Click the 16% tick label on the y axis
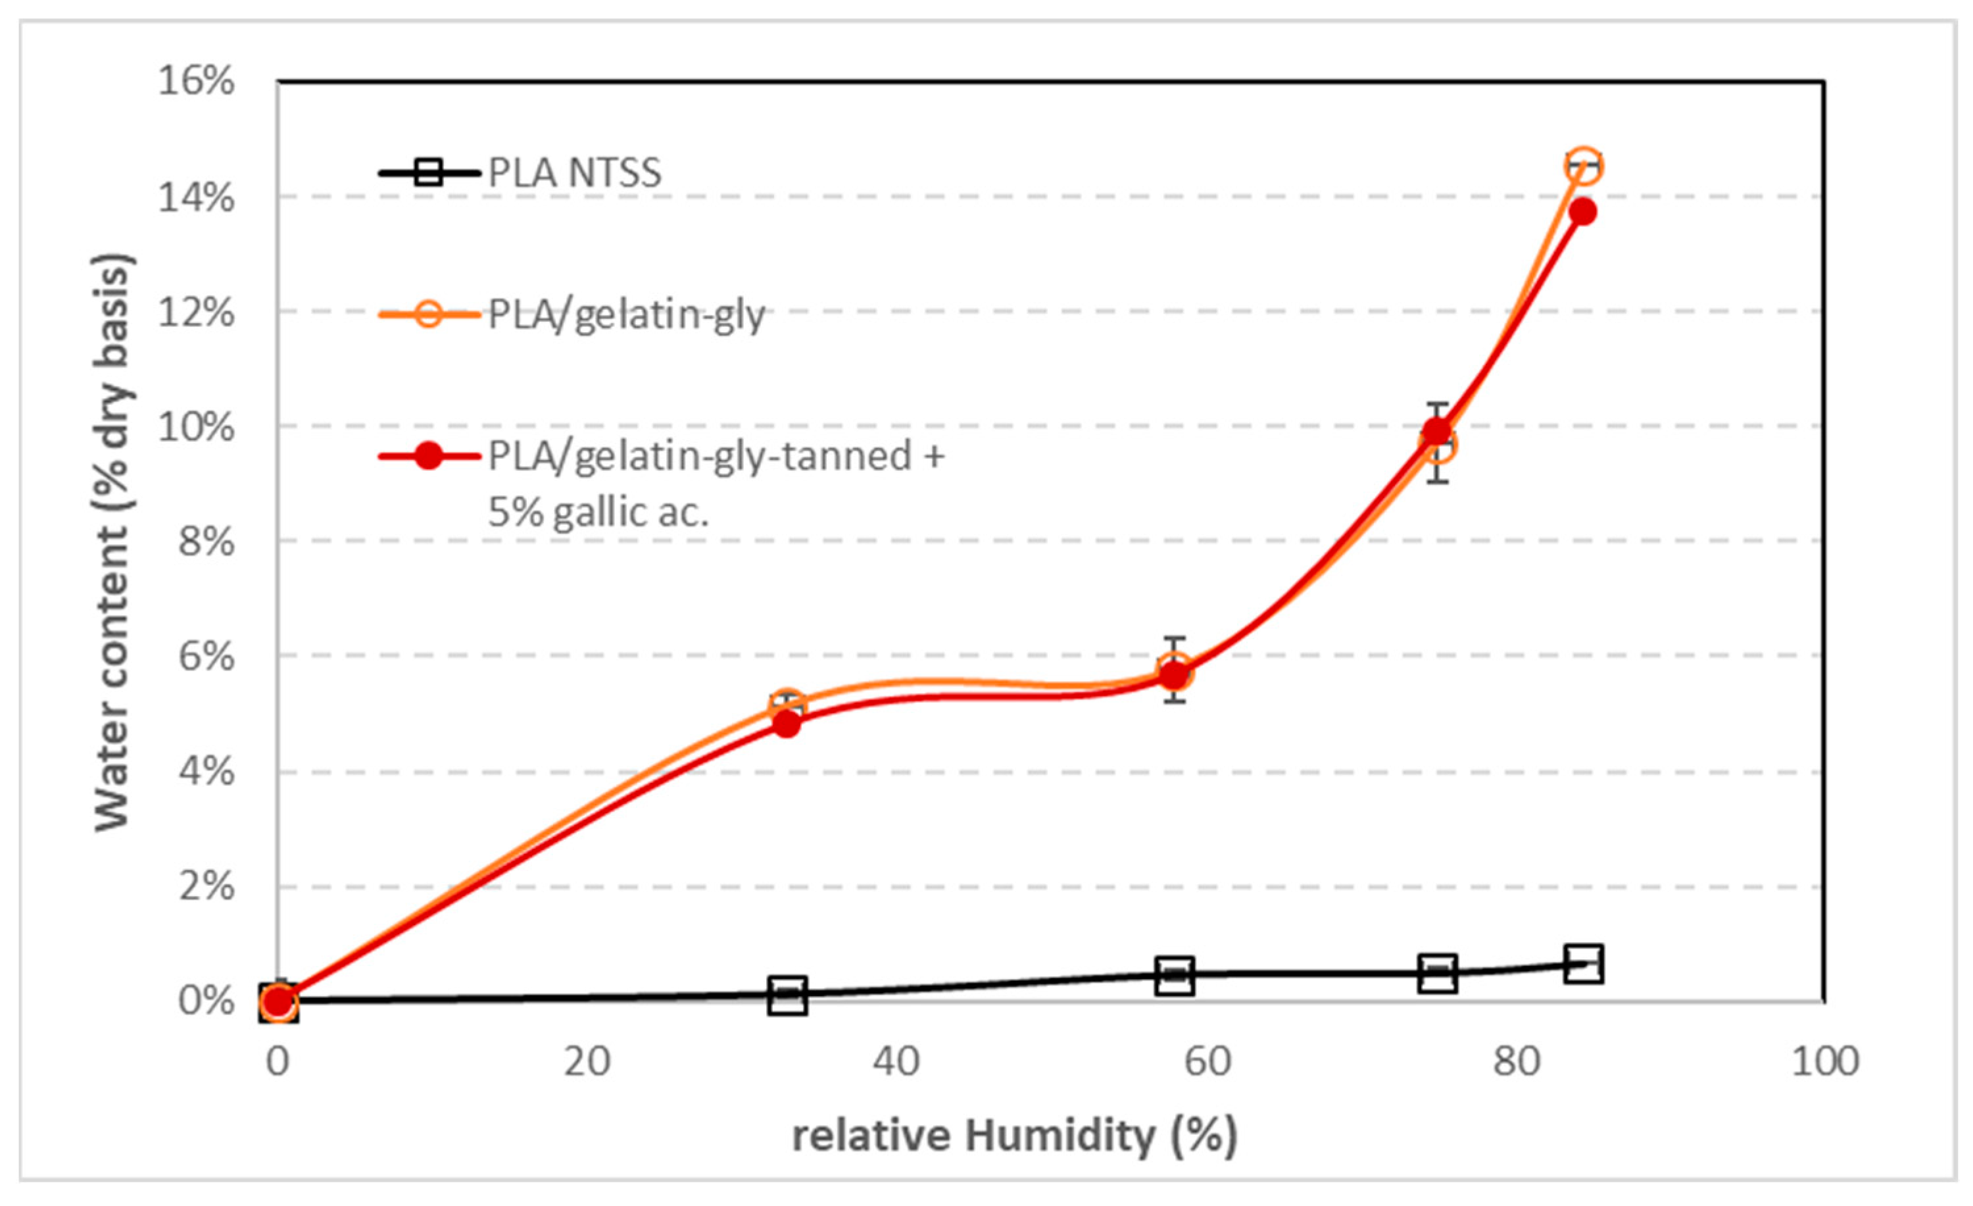196,81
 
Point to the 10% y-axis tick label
196,427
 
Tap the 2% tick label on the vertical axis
207,886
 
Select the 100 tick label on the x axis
1825,1062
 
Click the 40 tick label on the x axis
896,1062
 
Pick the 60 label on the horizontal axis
1207,1062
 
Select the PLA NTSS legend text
575,173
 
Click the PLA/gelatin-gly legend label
626,314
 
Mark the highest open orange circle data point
1583,166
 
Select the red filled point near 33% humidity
787,724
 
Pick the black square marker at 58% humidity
1175,974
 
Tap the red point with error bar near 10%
1437,432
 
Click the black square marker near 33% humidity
787,995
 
